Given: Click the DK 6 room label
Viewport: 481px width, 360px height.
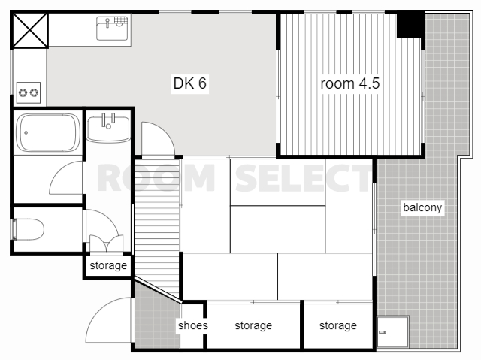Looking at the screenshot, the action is tap(190, 83).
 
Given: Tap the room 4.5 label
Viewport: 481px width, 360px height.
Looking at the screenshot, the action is tap(350, 83).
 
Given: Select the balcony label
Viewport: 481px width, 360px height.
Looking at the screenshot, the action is tap(422, 207).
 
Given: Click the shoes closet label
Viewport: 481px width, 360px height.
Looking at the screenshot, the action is tap(192, 325).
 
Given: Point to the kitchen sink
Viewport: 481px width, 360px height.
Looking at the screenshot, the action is tap(112, 29).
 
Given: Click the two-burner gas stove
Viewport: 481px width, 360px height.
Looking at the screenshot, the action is tap(29, 92).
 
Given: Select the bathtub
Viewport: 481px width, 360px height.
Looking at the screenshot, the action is tap(47, 132).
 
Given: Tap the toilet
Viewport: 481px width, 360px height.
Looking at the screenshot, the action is tap(28, 229).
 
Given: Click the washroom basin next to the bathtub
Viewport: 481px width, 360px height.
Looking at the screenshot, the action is tap(108, 128).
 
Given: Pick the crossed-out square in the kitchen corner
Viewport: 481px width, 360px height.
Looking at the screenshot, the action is tap(30, 30).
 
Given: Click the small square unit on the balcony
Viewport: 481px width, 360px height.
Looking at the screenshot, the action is tap(393, 331).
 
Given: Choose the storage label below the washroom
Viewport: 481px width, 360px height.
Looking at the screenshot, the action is tap(108, 265).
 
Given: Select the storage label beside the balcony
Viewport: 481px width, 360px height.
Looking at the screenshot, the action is tap(338, 325).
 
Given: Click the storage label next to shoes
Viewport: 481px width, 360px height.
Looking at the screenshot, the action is tap(253, 325).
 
